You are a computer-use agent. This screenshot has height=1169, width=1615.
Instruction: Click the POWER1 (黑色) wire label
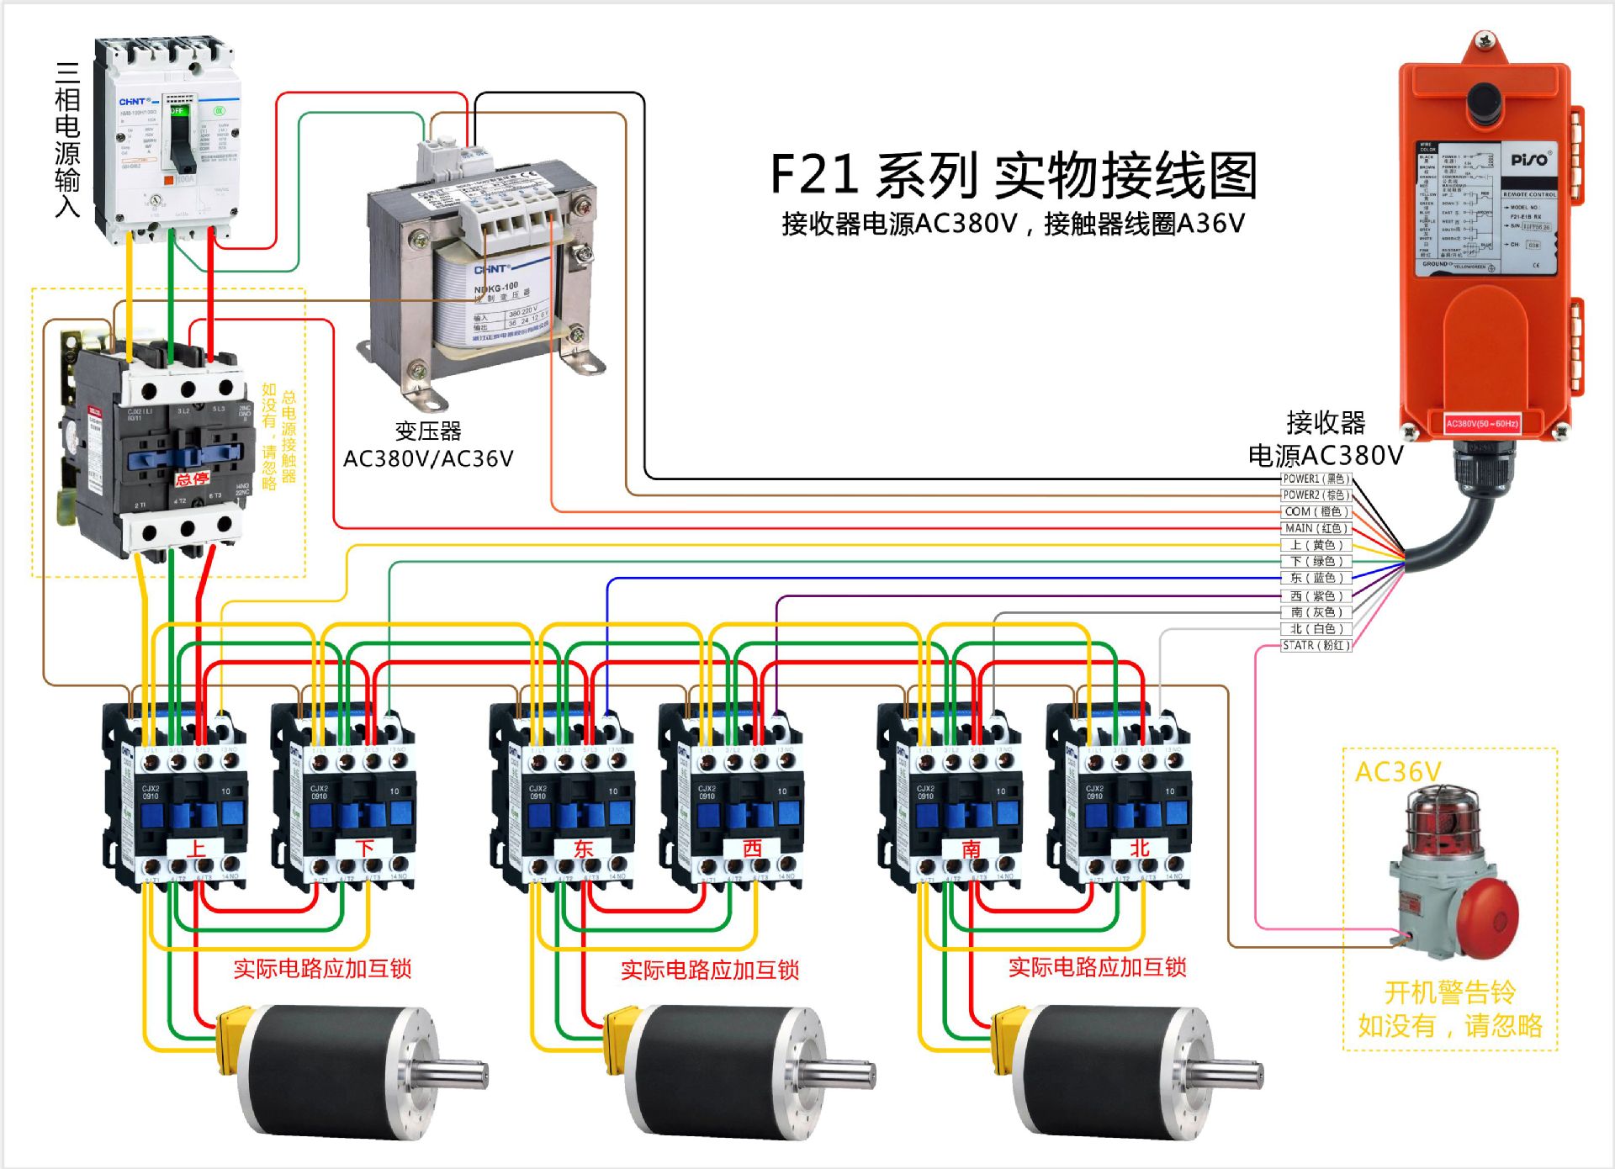[1316, 479]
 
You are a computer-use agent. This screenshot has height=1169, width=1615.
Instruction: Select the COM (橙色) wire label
[1316, 511]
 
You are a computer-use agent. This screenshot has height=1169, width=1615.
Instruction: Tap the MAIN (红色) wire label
[1316, 528]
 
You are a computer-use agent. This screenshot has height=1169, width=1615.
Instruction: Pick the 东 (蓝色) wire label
[1316, 578]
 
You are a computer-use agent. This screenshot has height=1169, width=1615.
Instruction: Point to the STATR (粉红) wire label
[1316, 645]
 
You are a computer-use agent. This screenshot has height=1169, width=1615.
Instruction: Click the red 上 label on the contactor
[196, 848]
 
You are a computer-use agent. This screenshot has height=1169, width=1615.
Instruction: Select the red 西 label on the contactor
[752, 848]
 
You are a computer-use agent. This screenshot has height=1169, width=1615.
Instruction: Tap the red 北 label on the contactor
[1140, 848]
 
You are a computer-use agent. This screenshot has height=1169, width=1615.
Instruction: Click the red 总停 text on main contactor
[192, 479]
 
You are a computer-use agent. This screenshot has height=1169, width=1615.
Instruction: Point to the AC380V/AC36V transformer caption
[428, 458]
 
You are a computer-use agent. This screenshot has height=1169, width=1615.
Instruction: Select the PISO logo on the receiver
[1530, 160]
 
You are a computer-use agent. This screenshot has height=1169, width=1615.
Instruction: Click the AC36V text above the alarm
[1398, 772]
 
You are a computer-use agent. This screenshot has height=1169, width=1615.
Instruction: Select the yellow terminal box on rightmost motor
[1007, 1041]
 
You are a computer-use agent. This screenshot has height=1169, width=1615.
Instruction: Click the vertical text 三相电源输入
[67, 139]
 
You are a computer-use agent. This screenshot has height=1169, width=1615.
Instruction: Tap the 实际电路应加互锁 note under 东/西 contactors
[709, 970]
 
